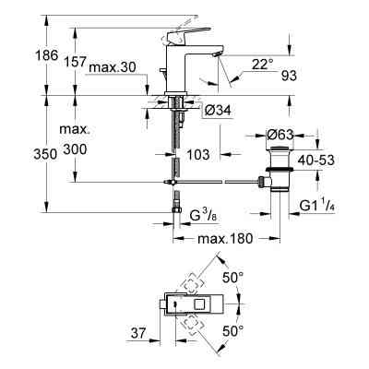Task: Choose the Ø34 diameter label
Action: point(218,110)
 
